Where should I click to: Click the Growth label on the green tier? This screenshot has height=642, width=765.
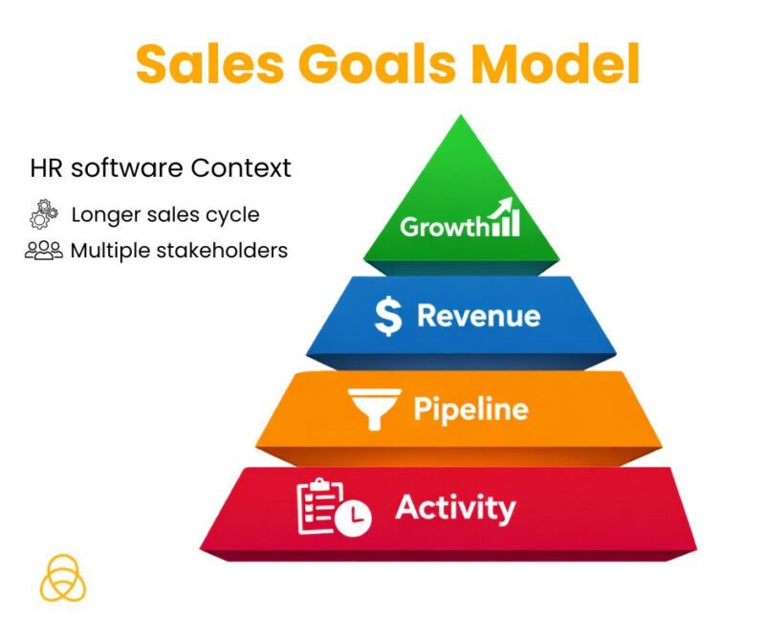[444, 228]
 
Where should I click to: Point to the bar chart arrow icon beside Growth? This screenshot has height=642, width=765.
[504, 218]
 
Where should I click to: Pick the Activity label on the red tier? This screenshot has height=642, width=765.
[455, 506]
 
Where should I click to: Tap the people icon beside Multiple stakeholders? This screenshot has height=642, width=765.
[44, 251]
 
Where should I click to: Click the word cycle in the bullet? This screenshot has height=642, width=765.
[236, 215]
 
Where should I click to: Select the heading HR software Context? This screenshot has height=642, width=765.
[161, 169]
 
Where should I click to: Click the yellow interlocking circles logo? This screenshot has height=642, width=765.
[63, 577]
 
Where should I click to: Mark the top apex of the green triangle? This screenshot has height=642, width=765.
[461, 117]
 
